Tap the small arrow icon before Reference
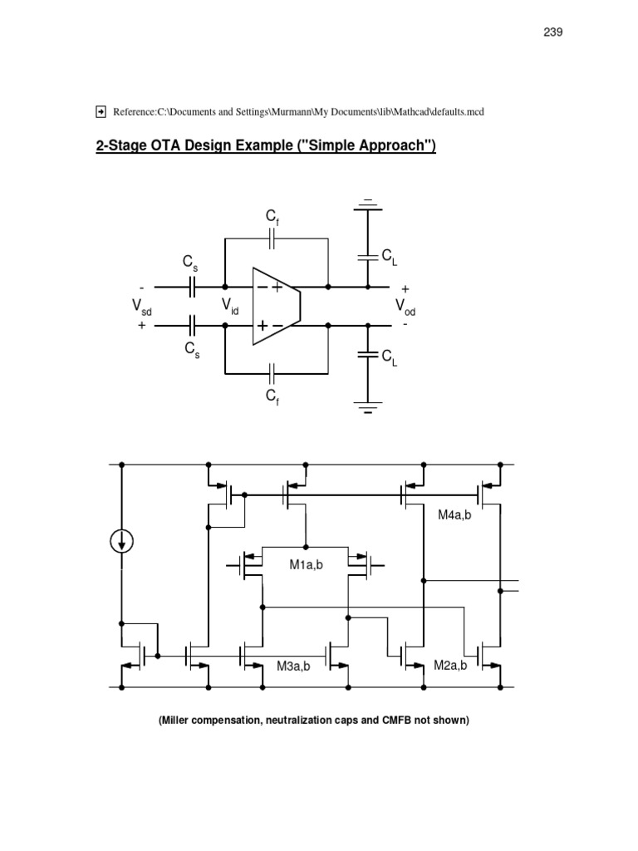(x=101, y=111)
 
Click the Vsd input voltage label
(x=142, y=307)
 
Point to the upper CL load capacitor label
(x=389, y=259)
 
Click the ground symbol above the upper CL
(x=367, y=204)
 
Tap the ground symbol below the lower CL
(x=367, y=409)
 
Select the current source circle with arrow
(x=122, y=542)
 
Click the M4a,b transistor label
(x=454, y=516)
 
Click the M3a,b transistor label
(x=292, y=666)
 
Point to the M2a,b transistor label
(x=450, y=666)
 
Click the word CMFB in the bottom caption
(x=402, y=721)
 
